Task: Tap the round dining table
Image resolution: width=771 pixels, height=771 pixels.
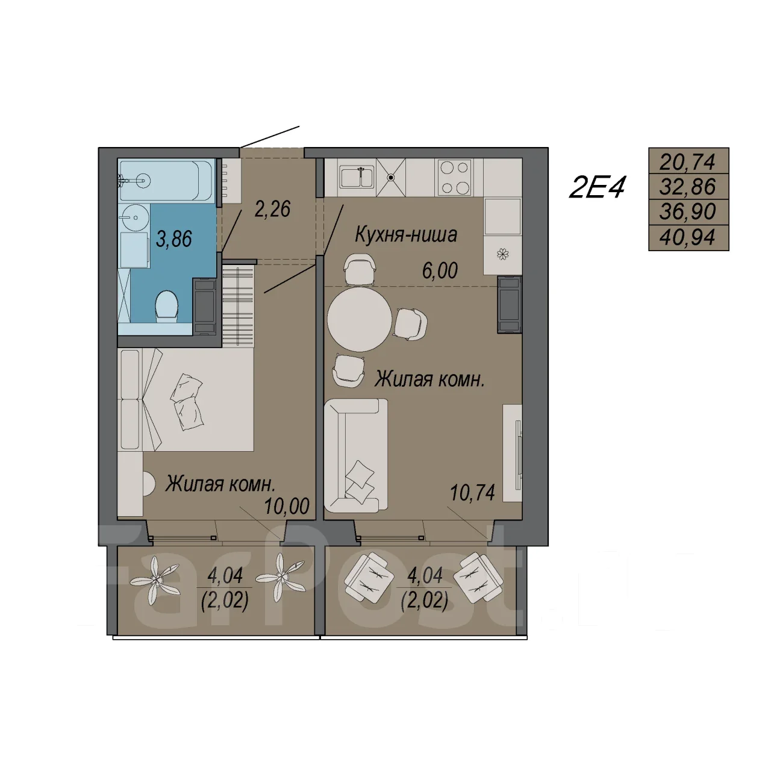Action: pos(360,319)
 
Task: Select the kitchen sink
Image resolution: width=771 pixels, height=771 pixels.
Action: pos(357,177)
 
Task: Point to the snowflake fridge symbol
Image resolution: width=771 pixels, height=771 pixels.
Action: pos(502,254)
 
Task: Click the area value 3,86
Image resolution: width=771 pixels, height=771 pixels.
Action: pos(174,239)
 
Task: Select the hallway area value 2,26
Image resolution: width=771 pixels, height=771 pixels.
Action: pos(272,209)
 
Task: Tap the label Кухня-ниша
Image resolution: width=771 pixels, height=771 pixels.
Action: pos(406,235)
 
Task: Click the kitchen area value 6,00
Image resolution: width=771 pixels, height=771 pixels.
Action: pos(440,271)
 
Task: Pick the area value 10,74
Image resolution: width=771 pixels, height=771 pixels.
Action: pos(472,493)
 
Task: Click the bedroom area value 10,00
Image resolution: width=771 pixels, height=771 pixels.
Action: pos(287,506)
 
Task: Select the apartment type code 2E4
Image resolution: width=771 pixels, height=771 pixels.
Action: pos(596,188)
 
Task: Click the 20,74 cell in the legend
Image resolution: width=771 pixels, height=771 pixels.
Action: pos(688,161)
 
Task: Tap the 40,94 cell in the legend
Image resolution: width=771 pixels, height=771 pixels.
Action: pos(688,238)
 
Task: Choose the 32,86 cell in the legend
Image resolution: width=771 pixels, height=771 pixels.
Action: pos(688,187)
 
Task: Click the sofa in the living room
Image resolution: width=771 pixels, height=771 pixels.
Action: pos(356,456)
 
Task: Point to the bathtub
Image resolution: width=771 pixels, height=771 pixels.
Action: pos(166,181)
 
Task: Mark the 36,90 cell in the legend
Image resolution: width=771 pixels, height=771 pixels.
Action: pos(688,212)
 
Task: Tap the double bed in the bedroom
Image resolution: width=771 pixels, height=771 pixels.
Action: pos(186,400)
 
